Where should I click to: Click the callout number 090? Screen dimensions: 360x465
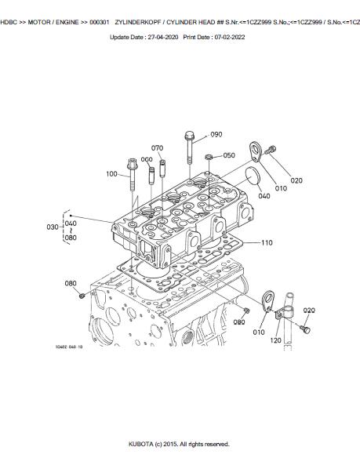(216, 134)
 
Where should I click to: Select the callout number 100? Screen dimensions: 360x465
(111, 174)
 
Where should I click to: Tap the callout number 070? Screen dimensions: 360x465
(157, 147)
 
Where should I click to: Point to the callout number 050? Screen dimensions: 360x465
(229, 155)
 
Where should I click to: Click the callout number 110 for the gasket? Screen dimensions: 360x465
(267, 242)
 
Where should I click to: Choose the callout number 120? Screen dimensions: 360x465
(275, 340)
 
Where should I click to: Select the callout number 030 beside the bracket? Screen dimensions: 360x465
(53, 227)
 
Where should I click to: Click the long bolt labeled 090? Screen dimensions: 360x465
(190, 147)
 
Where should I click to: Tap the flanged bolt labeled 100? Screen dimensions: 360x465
(133, 174)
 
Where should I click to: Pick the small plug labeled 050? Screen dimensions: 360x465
(209, 157)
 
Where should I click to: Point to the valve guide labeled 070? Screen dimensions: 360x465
(162, 169)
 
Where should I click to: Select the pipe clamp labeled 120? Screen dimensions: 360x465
(284, 314)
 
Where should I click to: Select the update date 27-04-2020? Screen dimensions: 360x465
(163, 37)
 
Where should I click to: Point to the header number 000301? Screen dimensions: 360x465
(100, 22)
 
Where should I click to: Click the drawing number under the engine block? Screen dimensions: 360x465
(69, 347)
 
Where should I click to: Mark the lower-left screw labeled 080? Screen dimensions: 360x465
(82, 296)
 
